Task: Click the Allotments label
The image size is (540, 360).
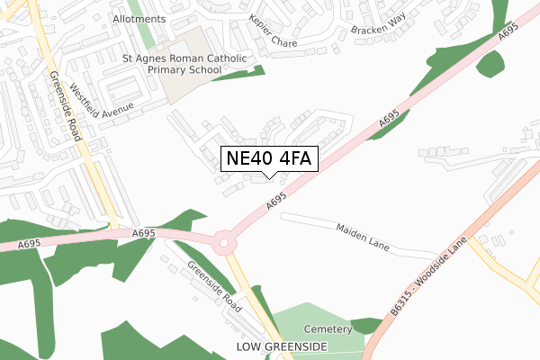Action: coord(140,18)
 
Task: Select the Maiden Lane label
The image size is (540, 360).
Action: coord(362,237)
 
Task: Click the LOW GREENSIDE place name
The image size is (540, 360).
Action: coord(282,346)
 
